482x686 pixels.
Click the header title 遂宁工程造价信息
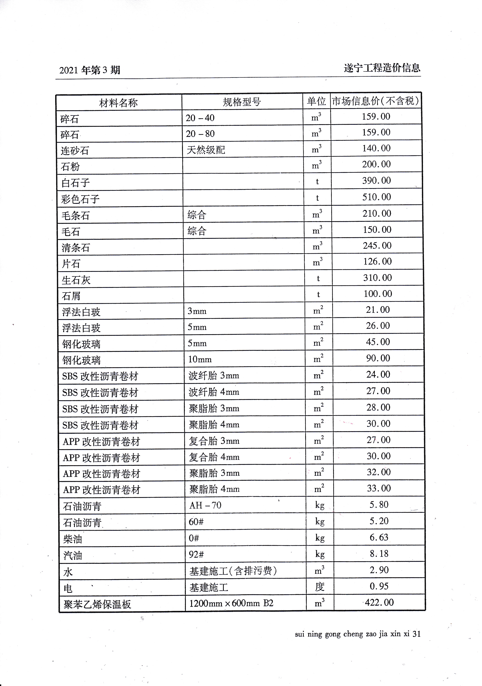coord(382,68)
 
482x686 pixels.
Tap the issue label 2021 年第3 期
coord(90,70)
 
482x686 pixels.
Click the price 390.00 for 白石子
coord(376,180)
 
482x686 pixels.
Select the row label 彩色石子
coord(80,199)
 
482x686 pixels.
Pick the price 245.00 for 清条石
coord(377,246)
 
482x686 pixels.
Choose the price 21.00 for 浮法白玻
coord(378,310)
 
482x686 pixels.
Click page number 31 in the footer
coord(416,634)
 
